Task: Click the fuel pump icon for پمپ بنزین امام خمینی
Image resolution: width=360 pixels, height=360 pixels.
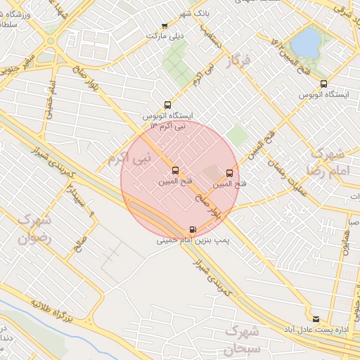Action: point(193,230)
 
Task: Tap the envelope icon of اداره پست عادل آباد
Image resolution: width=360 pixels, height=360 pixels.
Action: point(315,319)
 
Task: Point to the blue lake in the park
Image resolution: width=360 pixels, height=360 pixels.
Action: point(306,43)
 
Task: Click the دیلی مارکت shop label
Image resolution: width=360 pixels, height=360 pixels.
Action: point(164,34)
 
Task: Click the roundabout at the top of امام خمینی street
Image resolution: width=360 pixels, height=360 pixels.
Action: point(50,40)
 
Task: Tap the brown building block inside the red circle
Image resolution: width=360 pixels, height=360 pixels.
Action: point(210,171)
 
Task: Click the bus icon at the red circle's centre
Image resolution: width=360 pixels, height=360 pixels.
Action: point(175,170)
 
